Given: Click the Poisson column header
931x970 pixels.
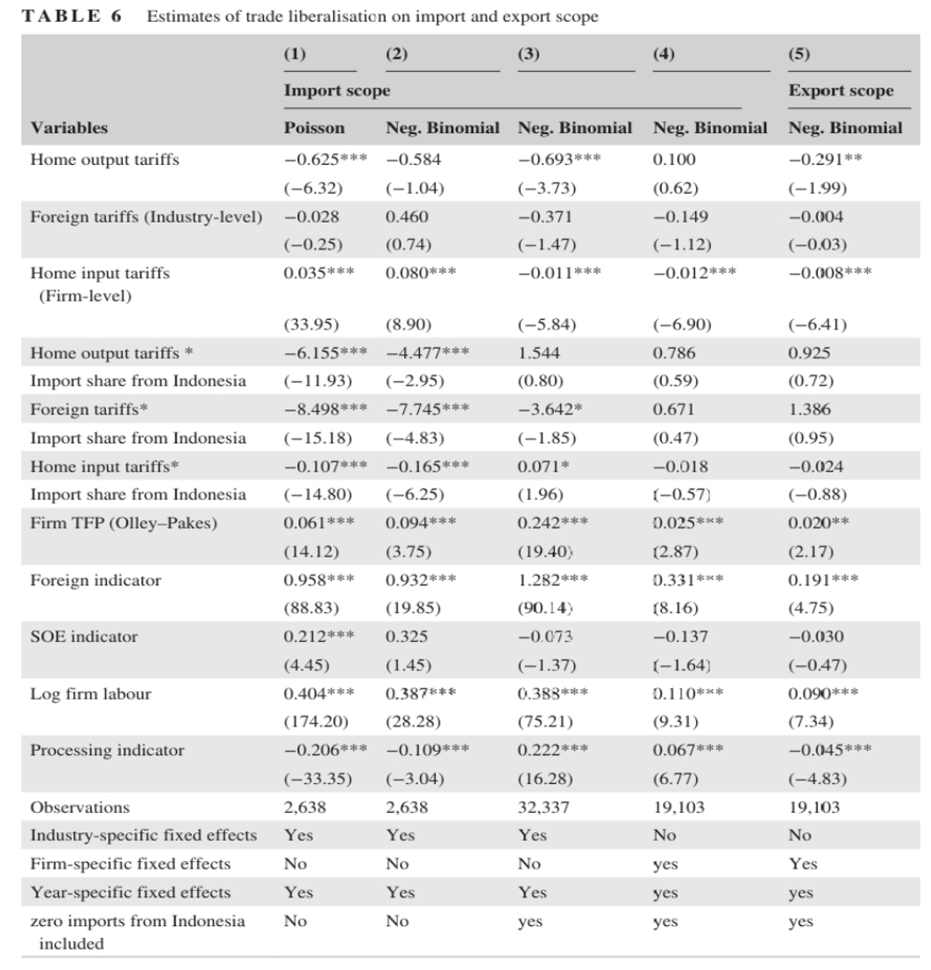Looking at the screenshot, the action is point(314,128).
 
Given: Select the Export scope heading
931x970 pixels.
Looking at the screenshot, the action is point(841,91).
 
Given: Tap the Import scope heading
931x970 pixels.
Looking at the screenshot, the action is point(337,91).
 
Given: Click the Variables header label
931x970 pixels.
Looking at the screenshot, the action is point(69,128).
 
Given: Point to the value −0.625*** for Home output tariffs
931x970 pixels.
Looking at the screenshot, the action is point(325,160).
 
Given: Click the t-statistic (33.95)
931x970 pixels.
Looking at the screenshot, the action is point(311,325).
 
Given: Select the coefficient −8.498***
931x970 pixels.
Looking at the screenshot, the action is point(325,409).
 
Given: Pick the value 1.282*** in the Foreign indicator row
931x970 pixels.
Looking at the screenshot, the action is point(552,580).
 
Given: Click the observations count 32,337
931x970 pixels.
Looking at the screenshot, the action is point(544,807).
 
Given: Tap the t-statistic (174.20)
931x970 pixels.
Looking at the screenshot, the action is point(316,721).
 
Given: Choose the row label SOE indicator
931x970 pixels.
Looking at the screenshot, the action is point(84,637).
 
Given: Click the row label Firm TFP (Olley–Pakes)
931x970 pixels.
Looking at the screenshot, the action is point(124,524).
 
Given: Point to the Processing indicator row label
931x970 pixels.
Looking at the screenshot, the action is point(107,751).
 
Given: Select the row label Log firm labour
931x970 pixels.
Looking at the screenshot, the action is point(90,694).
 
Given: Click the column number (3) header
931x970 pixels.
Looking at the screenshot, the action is point(529,53).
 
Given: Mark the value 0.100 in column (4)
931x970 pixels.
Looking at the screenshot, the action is point(674,160).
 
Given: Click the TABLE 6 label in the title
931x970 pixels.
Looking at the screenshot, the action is point(72,16).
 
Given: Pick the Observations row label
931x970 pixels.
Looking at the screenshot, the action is point(80,807).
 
